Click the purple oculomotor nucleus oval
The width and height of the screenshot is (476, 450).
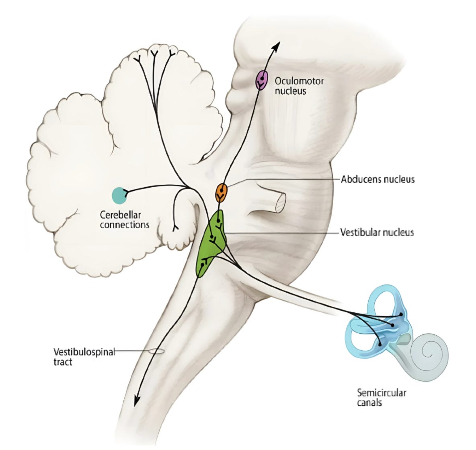coord(261,80)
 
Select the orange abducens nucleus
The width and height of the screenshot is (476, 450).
coord(221,193)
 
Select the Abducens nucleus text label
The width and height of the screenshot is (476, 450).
coord(378,179)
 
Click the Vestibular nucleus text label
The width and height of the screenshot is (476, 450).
coord(377,232)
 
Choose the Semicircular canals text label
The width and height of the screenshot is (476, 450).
coord(381,397)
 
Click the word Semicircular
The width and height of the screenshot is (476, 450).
coord(381,392)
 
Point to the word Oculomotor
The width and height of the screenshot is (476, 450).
coord(299,81)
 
